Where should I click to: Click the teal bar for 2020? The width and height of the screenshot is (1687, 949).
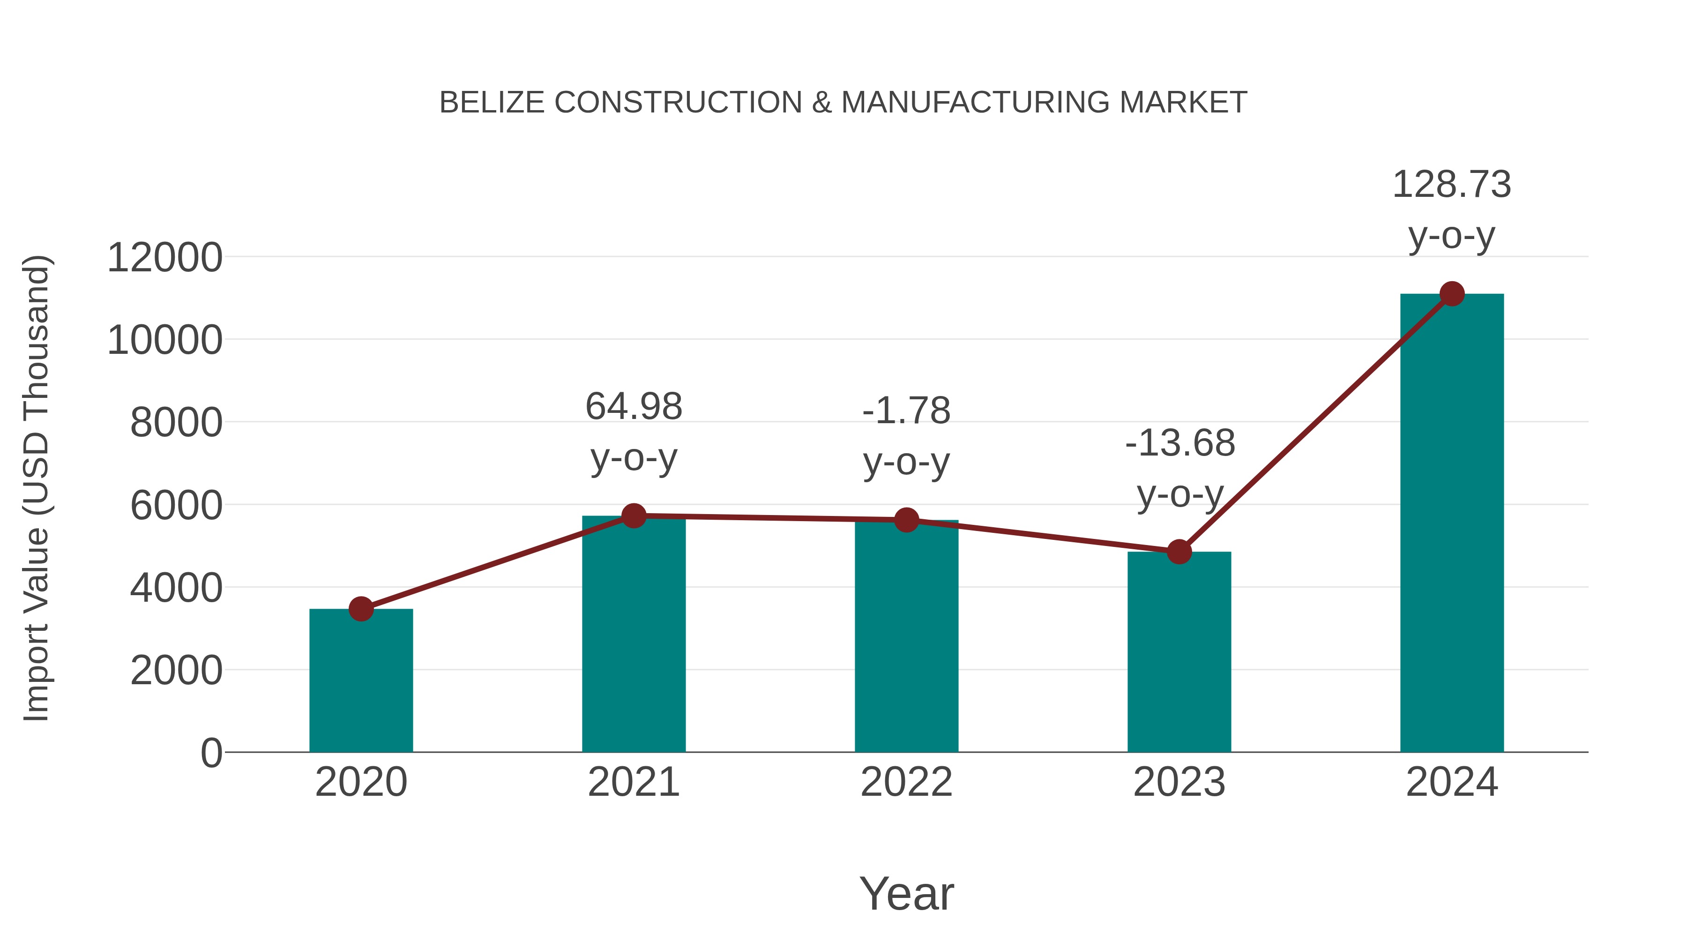click(x=361, y=681)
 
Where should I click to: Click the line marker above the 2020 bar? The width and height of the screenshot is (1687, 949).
click(x=361, y=609)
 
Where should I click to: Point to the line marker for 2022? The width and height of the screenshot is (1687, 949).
click(x=906, y=520)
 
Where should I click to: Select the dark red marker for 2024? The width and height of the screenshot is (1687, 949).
click(x=1452, y=294)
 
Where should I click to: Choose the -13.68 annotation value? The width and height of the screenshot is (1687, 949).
click(x=1179, y=443)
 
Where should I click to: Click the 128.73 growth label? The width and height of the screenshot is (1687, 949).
click(x=1451, y=184)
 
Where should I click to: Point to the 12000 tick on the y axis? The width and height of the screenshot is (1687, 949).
click(x=164, y=257)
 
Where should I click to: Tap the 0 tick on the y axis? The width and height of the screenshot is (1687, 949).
click(x=211, y=753)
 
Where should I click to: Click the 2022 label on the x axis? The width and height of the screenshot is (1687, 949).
click(x=906, y=782)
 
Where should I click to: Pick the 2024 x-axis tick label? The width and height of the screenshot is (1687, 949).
click(x=1451, y=782)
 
